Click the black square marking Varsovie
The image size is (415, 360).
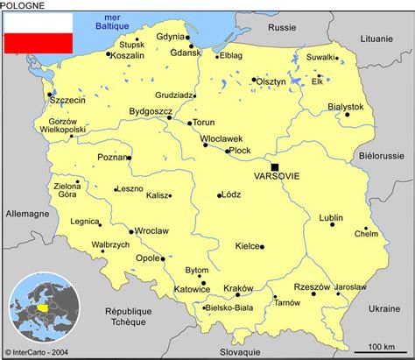click(x=275, y=166)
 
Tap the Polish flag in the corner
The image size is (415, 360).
click(x=38, y=32)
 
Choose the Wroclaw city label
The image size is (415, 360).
click(x=151, y=231)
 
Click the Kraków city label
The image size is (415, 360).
click(x=237, y=288)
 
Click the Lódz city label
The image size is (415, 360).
click(x=231, y=196)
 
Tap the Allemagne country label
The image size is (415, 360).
click(x=27, y=213)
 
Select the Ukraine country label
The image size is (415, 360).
click(x=383, y=309)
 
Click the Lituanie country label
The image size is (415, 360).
click(x=376, y=39)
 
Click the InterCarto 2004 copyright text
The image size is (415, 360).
click(x=39, y=353)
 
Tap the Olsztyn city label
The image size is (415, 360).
click(x=271, y=81)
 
